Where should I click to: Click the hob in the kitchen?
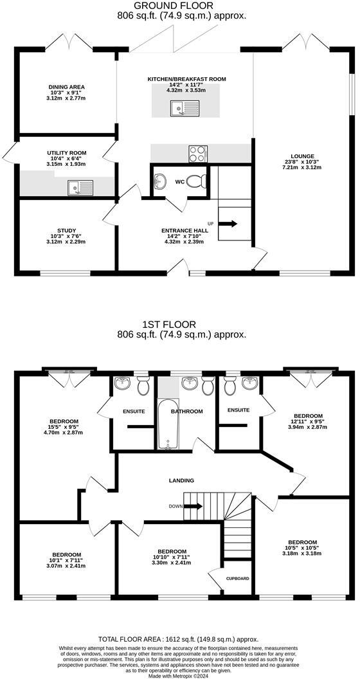click(197, 153)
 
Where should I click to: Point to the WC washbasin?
click(161, 181)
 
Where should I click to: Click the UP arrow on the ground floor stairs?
click(228, 224)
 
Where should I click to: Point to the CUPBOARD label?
click(238, 579)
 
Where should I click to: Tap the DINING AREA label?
click(66, 87)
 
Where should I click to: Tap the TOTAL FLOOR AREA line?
click(178, 639)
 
